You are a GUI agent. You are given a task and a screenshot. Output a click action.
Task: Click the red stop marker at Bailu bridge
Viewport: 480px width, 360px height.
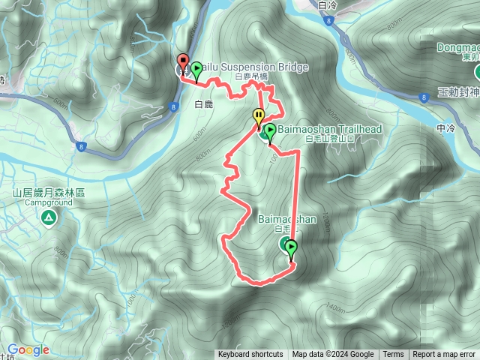[182, 62]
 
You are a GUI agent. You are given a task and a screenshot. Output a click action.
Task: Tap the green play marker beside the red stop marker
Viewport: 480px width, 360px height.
[196, 70]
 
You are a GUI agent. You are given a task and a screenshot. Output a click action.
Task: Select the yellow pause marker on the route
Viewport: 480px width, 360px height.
[259, 117]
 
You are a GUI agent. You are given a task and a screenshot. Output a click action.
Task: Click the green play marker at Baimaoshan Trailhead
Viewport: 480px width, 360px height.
[268, 132]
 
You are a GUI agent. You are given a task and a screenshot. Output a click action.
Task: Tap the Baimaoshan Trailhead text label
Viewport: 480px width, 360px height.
[330, 130]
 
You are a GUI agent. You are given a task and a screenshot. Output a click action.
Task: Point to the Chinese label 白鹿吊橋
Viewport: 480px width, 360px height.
[251, 77]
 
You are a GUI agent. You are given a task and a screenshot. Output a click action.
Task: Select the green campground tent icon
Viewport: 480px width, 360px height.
[49, 218]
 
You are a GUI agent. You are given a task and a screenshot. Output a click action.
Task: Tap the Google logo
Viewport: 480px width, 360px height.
[28, 350]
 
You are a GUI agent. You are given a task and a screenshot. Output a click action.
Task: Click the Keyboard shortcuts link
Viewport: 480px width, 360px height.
[250, 355]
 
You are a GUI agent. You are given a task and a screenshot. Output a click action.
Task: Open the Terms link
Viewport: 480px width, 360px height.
[393, 355]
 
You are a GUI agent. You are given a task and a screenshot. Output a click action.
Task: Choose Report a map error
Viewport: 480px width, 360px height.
[444, 355]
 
